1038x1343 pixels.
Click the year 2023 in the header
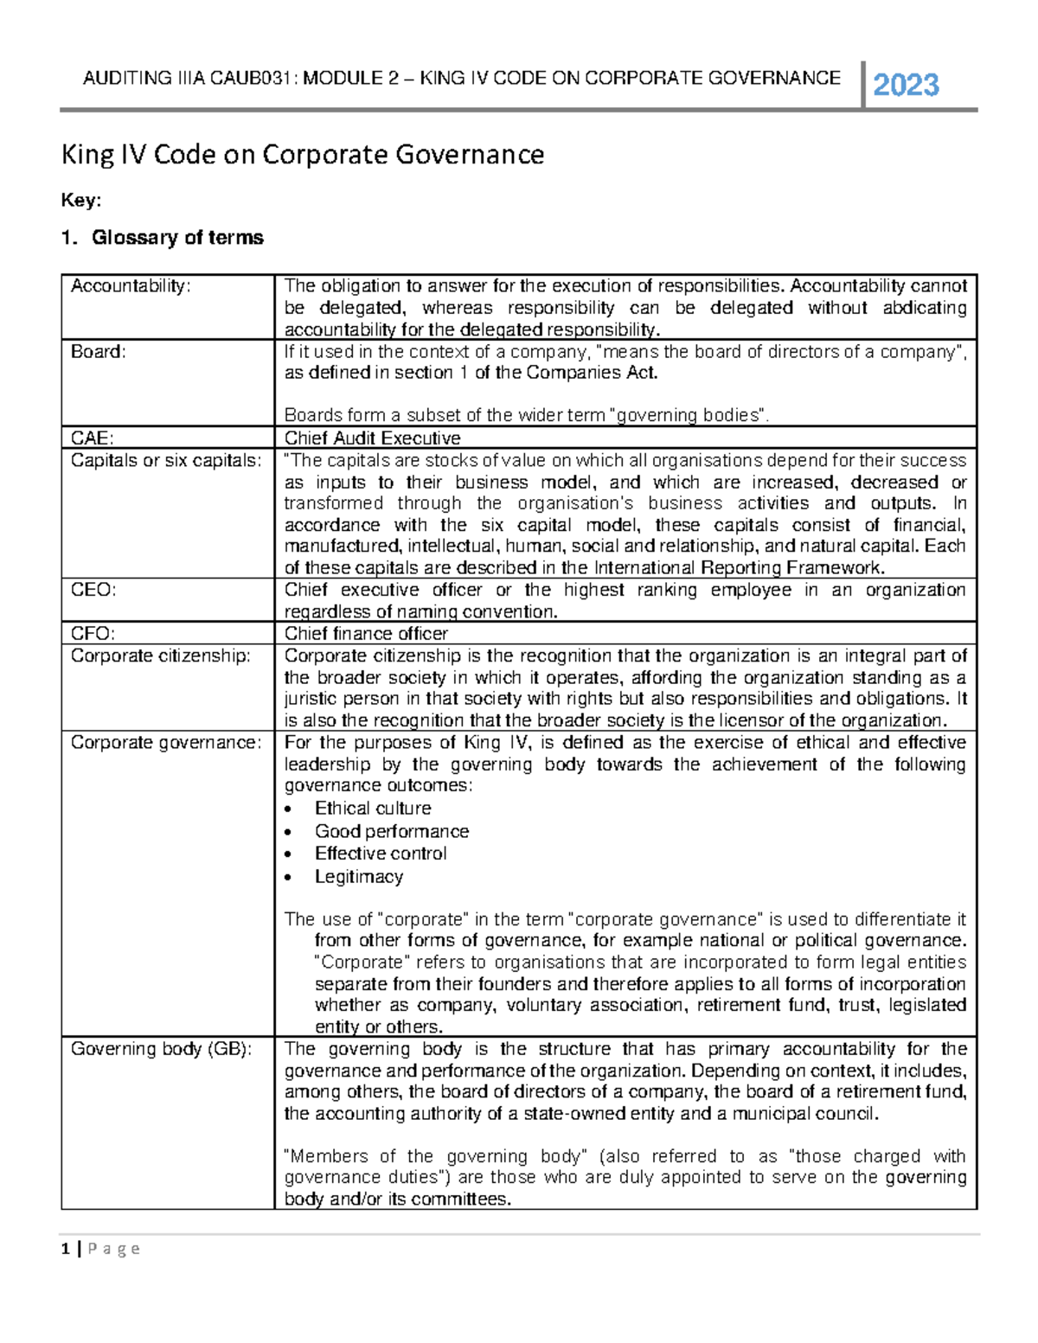[906, 85]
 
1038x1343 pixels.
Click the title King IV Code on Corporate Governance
[302, 155]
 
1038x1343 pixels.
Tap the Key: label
[80, 201]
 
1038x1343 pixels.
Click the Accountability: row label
[130, 286]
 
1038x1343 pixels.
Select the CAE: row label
[93, 438]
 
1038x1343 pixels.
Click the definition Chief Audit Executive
[372, 438]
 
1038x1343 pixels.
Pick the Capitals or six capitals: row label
[165, 461]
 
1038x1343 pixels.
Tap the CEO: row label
[93, 590]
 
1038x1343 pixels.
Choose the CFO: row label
[93, 634]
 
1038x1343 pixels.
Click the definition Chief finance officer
[366, 634]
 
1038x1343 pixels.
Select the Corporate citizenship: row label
[160, 656]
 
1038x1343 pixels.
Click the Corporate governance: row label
[165, 743]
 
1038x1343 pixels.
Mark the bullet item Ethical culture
[373, 809]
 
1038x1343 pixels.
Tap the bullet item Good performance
[391, 832]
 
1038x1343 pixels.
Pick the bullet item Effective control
[381, 854]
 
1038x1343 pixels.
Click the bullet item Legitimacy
[358, 877]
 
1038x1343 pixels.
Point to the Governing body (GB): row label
[161, 1049]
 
